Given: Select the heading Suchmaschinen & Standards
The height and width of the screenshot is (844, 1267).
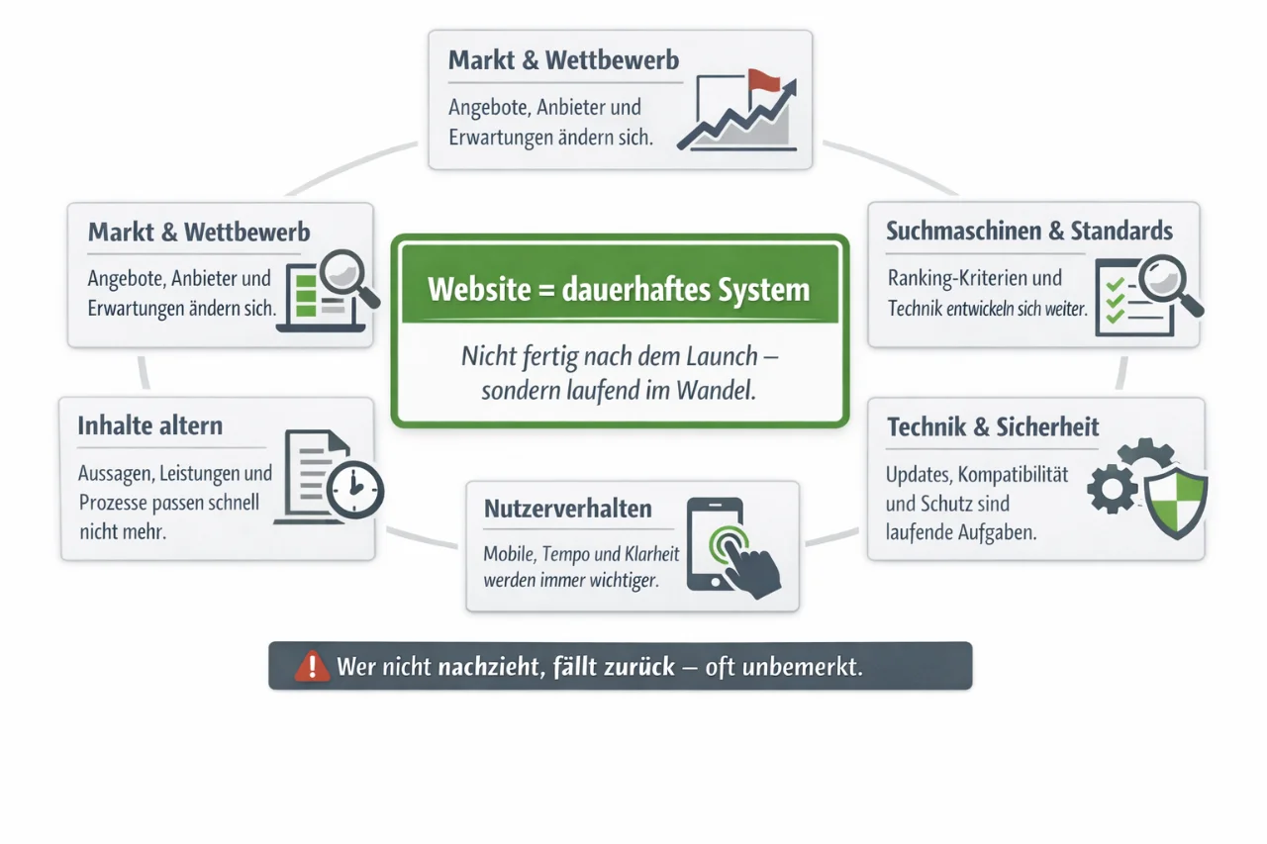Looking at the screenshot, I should pos(1029,232).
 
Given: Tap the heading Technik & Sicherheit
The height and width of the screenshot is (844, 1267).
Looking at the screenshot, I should pos(993,427).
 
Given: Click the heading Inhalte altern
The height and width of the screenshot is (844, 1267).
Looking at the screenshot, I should pos(150,426).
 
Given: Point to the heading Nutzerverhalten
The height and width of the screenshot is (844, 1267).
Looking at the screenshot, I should pos(568,510).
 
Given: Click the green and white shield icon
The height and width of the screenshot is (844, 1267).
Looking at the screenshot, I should pos(1176,502).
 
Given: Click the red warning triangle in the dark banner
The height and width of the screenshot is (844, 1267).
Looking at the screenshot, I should pos(312,666).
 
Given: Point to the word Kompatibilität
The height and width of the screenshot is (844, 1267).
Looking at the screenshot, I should pos(1010,474).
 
